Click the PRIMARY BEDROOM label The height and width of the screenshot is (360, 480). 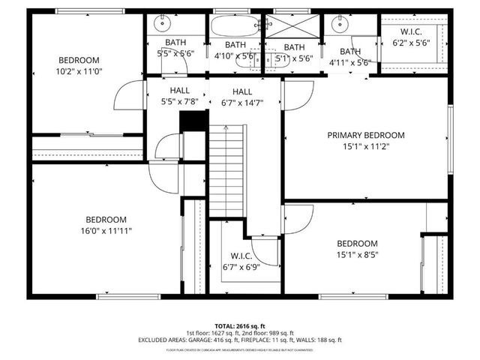[x=365, y=136]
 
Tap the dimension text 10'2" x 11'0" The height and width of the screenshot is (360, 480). [x=79, y=72]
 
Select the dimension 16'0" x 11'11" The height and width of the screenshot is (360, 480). [x=106, y=231]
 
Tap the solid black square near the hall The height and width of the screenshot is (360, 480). [x=192, y=121]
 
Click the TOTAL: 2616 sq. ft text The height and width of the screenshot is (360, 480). [x=240, y=326]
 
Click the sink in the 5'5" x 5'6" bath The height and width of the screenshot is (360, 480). [x=160, y=22]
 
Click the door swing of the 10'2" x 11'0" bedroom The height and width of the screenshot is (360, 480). [x=124, y=97]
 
